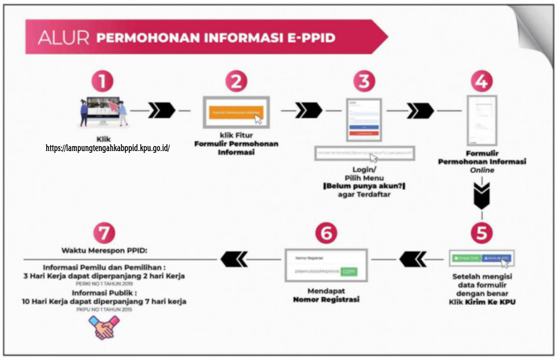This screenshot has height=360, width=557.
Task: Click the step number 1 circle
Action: (102, 81)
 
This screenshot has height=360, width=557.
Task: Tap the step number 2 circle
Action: (236, 81)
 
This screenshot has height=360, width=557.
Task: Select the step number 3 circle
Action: (364, 81)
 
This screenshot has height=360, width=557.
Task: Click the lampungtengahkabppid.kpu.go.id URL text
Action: (108, 148)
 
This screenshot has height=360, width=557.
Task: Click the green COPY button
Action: (349, 271)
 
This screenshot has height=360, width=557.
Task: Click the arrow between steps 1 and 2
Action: (162, 110)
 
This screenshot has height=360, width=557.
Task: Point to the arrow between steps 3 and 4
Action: (420, 110)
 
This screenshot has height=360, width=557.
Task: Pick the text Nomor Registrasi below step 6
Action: (326, 299)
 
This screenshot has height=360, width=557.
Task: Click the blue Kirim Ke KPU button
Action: (497, 259)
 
